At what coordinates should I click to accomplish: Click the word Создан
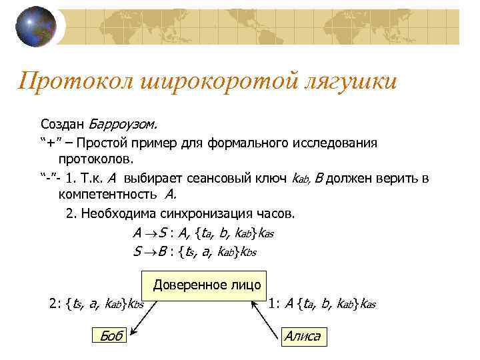62,124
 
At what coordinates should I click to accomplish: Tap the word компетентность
107,195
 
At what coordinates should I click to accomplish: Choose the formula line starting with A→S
203,233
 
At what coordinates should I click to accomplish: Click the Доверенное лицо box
207,285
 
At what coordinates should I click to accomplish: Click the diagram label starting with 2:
97,305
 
